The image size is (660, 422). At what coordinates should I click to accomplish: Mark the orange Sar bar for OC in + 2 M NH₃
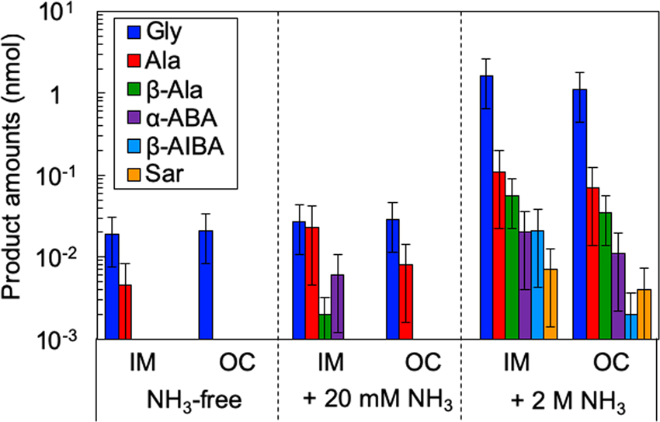pos(644,314)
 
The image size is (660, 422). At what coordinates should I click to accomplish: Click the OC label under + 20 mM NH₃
pos(422,362)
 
